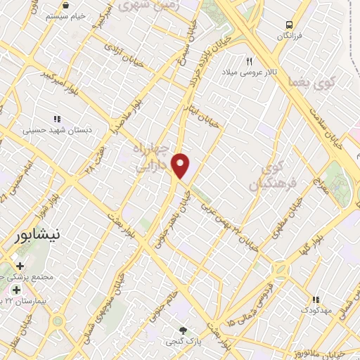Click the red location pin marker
click(181, 166)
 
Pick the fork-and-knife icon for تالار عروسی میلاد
click(247, 61)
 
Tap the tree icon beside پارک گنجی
click(184, 330)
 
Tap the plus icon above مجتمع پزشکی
click(19, 266)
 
